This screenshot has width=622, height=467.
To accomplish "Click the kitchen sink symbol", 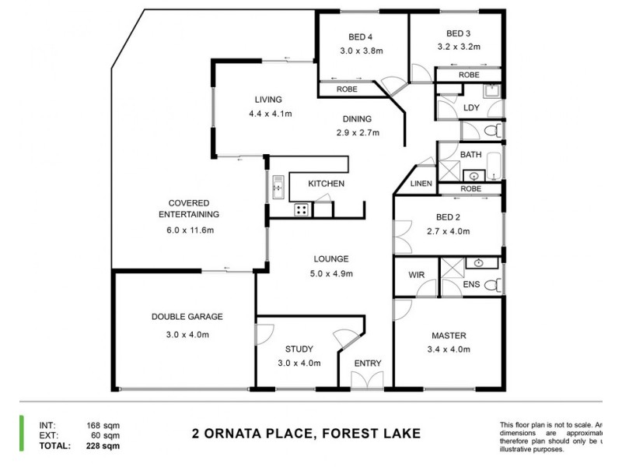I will tap(277, 186).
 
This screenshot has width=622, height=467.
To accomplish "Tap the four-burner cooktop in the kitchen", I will tap(301, 210).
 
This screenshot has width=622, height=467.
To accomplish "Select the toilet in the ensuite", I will tap(491, 286).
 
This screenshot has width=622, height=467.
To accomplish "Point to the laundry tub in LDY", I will tap(491, 91).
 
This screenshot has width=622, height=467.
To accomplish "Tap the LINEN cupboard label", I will tap(420, 184).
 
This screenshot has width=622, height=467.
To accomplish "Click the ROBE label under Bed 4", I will tap(347, 90).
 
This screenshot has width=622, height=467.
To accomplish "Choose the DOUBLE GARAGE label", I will tap(187, 317).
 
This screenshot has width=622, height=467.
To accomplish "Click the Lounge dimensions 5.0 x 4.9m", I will tap(331, 273).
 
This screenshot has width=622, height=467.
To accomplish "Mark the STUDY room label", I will tap(298, 349).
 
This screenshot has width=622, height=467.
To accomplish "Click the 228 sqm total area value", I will tap(103, 446).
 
